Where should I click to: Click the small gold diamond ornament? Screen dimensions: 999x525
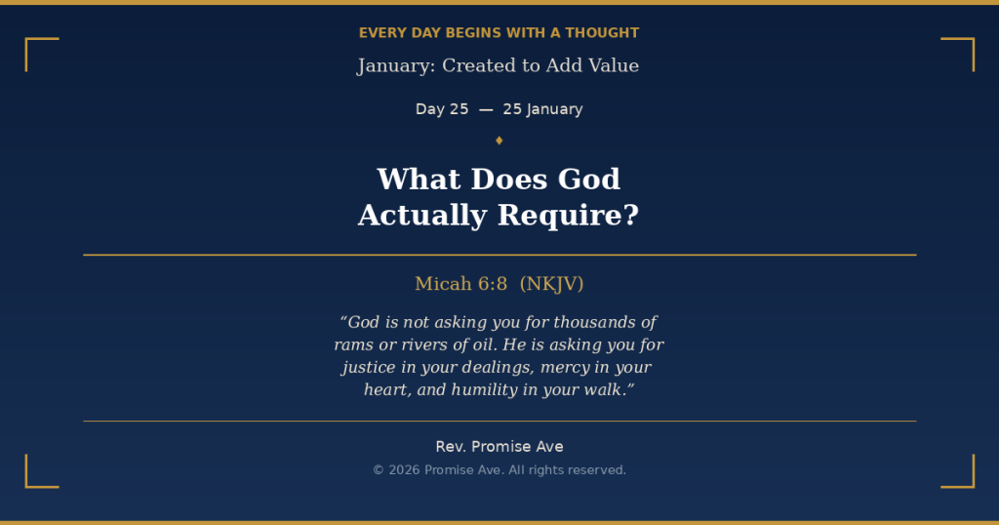[x=499, y=141]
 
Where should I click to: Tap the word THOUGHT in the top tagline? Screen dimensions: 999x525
[x=602, y=33]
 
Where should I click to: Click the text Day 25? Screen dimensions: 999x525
[x=442, y=109]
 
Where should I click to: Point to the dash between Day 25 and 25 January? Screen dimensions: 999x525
[x=486, y=109]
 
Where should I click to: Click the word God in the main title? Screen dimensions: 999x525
[x=588, y=179]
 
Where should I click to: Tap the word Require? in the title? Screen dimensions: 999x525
[x=568, y=216]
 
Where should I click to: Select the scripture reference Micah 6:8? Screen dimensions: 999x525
[x=461, y=284]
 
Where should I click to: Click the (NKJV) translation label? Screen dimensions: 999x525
[x=552, y=284]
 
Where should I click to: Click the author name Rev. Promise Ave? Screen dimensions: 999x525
[x=499, y=447]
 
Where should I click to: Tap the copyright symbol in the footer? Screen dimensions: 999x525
[x=379, y=470]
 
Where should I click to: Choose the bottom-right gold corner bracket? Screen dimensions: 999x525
[x=973, y=486]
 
